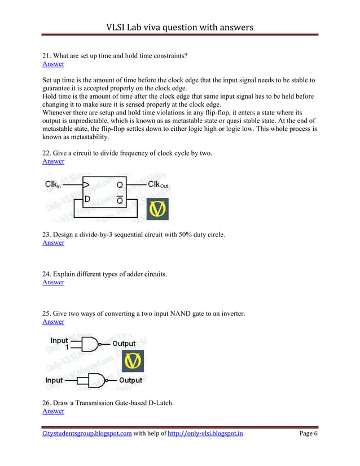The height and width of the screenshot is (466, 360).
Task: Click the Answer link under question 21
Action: pos(54,64)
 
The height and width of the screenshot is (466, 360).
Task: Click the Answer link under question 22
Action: pos(54,162)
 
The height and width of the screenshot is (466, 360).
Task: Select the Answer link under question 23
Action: pos(54,243)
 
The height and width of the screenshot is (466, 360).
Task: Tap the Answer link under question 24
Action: pos(54,283)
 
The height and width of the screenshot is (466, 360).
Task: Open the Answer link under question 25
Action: pos(54,322)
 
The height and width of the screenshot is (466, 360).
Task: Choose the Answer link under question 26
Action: pos(54,411)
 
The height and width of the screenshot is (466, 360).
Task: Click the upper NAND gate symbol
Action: pos(90,343)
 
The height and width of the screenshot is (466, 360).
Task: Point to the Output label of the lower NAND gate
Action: pos(130,381)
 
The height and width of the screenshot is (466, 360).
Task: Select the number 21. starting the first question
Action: pos(47,55)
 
